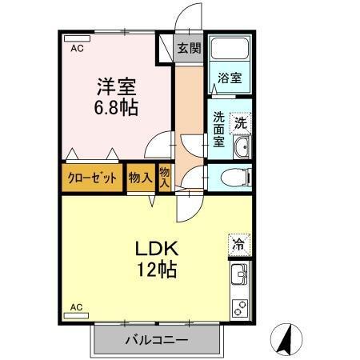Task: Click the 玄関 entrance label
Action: click(x=190, y=48)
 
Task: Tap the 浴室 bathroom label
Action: click(x=230, y=78)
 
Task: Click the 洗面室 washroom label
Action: click(x=218, y=128)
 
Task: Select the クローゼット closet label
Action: click(x=93, y=178)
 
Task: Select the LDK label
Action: click(x=156, y=248)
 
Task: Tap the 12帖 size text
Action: click(x=157, y=270)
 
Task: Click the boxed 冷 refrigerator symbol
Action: click(x=238, y=243)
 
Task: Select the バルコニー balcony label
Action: click(x=156, y=341)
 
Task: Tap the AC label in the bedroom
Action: click(x=77, y=49)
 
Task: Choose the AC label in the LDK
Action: click(x=77, y=307)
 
